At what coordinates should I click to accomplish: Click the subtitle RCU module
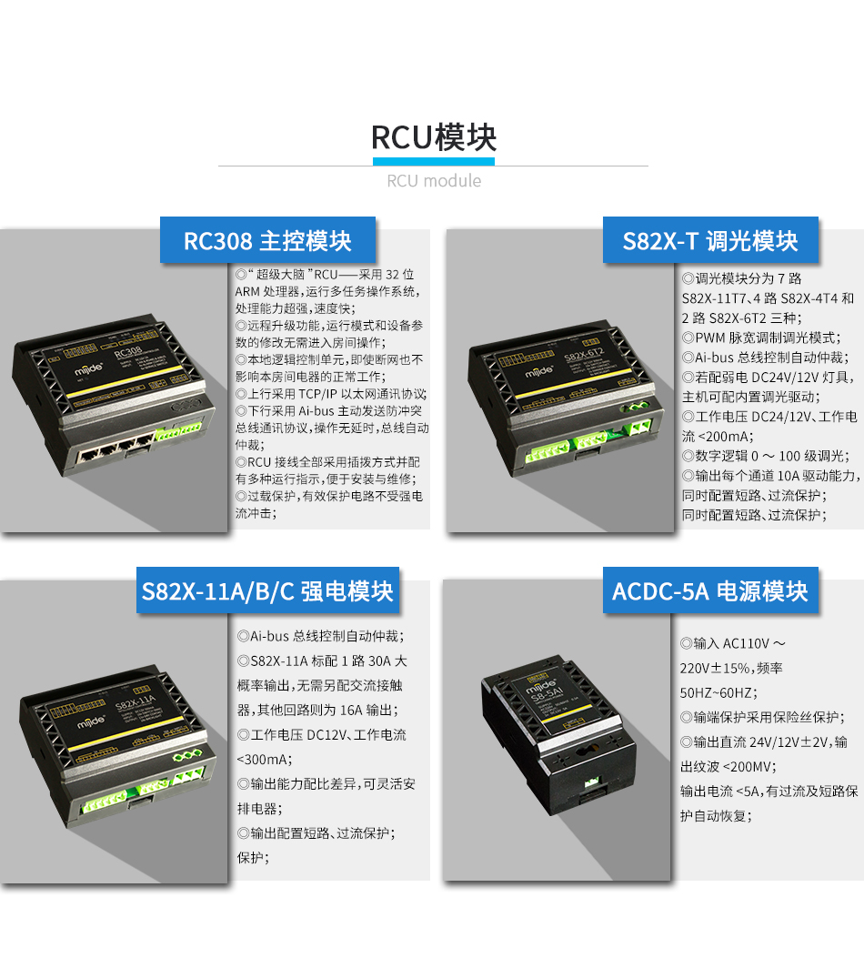pos(433,181)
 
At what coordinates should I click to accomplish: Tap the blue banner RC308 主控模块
pos(267,241)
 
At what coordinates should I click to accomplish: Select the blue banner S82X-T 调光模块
pos(710,241)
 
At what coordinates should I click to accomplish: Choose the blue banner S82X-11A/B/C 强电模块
pos(267,591)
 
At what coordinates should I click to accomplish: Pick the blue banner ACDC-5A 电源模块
pos(709,591)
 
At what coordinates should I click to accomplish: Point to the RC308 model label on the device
pos(128,352)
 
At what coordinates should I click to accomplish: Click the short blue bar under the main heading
pos(433,162)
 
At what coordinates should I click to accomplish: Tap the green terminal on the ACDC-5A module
pos(592,781)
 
